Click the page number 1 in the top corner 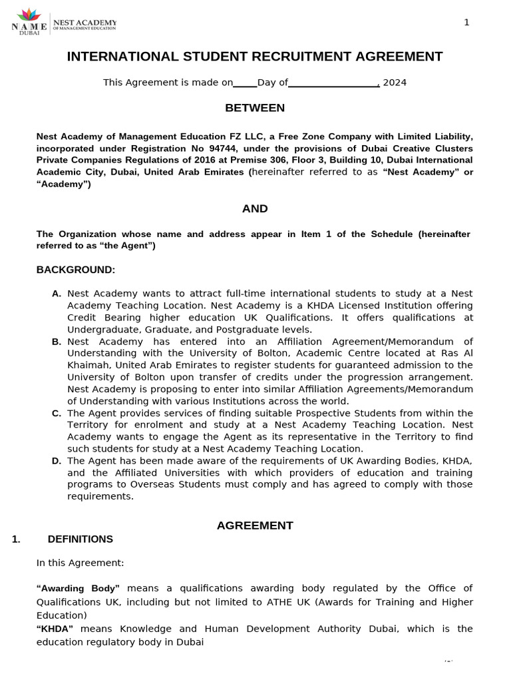tap(466, 23)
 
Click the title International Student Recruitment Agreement tap(255, 57)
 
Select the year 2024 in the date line tap(395, 83)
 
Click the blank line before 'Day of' tap(245, 85)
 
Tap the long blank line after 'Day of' tap(333, 85)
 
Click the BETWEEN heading tap(255, 108)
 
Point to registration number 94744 tap(205, 149)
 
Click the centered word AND tap(255, 208)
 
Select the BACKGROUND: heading tap(76, 270)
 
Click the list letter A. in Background tap(57, 294)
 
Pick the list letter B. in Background tap(57, 342)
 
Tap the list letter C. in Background tap(57, 414)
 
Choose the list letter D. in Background tap(57, 461)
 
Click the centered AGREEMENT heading tap(255, 525)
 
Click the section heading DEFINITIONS tap(81, 539)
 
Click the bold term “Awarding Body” tap(78, 588)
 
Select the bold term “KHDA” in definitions tap(55, 629)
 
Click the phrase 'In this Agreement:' tap(80, 563)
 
